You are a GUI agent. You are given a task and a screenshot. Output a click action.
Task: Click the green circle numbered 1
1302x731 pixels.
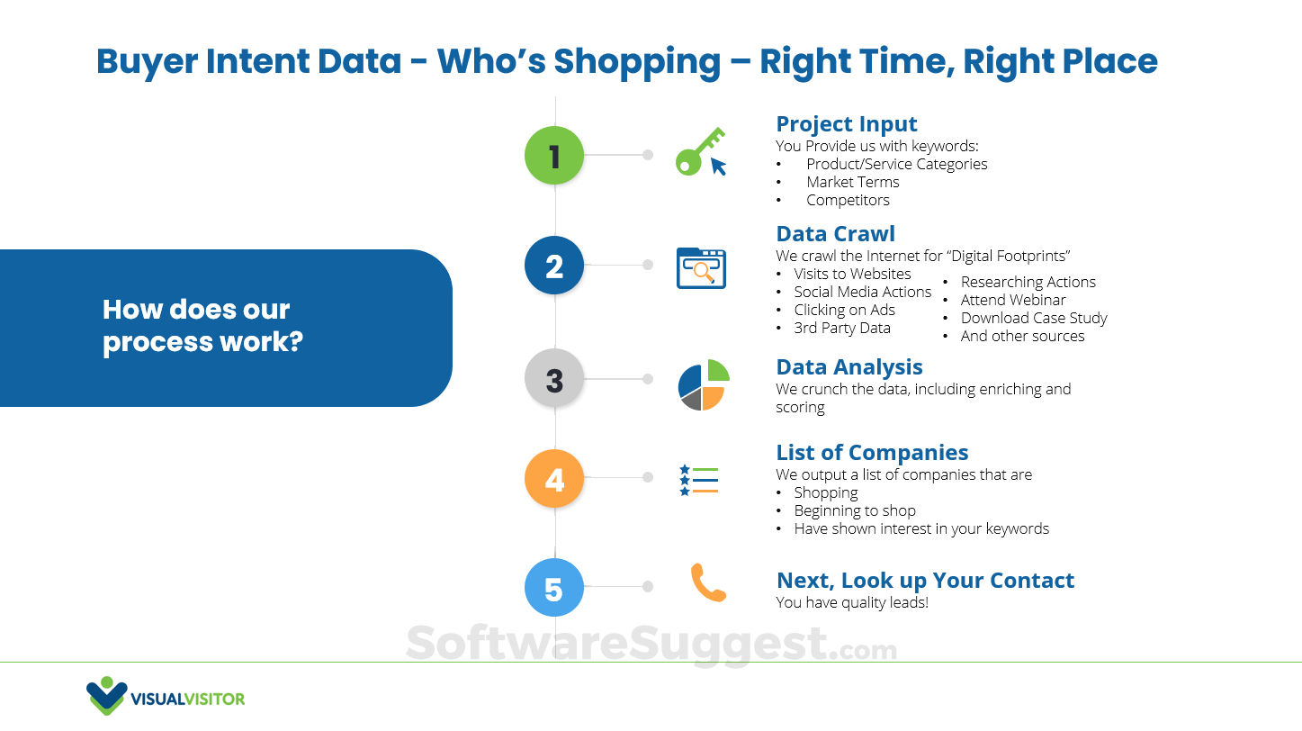[x=554, y=156]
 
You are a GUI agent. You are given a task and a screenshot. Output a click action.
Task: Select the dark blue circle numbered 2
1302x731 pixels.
[x=554, y=266]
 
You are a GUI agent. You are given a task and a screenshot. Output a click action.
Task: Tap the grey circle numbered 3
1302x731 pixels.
[x=554, y=379]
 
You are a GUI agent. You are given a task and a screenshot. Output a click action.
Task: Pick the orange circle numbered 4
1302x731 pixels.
[x=554, y=478]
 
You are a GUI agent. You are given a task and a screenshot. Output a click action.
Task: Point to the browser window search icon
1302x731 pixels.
[x=701, y=268]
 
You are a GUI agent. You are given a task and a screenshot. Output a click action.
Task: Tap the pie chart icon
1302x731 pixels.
[x=703, y=384]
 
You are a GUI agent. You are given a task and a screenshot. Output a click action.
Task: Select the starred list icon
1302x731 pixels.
[x=699, y=480]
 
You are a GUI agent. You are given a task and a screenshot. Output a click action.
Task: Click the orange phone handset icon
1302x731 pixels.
[x=707, y=582]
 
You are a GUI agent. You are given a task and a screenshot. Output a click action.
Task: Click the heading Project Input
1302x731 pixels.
[x=846, y=124]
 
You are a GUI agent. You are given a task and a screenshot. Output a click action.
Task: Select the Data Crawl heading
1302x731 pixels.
[x=835, y=234]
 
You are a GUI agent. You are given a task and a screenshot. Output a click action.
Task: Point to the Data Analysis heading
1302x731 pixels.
[x=849, y=367]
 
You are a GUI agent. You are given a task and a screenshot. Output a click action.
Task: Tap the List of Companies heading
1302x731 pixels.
[x=872, y=453]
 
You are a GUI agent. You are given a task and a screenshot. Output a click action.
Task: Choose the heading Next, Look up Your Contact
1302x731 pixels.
[x=925, y=581]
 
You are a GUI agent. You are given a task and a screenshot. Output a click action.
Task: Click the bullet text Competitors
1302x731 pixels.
[x=847, y=200]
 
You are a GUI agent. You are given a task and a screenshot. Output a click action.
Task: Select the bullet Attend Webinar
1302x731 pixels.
[x=1012, y=300]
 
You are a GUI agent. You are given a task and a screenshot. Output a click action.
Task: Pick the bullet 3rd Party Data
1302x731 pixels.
[x=841, y=328]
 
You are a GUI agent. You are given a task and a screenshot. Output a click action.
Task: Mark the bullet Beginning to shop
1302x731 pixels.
[x=854, y=510]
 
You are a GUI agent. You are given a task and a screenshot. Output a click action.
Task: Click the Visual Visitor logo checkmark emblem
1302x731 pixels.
[x=107, y=696]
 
